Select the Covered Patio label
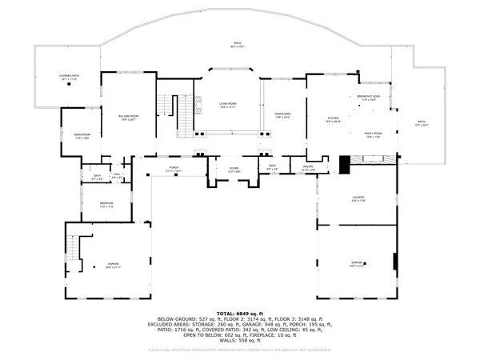68,78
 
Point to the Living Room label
227,105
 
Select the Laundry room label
358,198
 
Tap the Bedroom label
106,204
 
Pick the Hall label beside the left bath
117,176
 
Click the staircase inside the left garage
73,250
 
